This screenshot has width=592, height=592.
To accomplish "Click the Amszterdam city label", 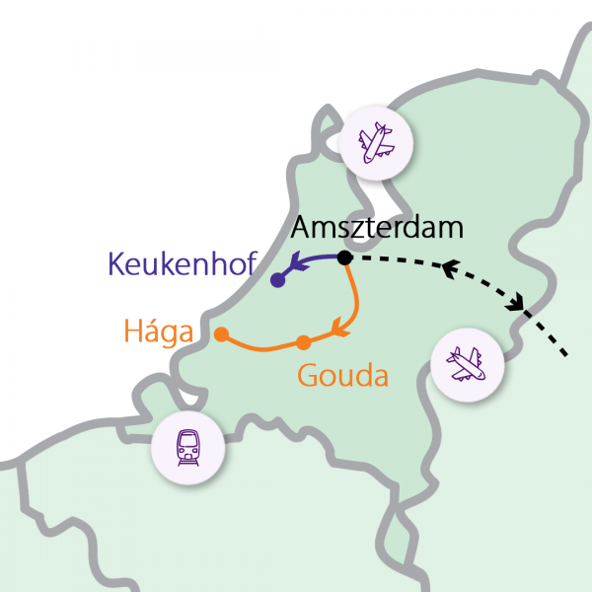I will (378, 229).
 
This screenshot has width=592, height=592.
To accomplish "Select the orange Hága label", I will (158, 332).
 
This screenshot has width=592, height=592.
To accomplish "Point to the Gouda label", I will (342, 375).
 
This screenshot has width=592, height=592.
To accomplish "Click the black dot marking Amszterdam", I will (344, 259).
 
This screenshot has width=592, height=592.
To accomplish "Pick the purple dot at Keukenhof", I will (277, 281).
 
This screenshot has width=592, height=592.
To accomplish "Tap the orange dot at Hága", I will (221, 333).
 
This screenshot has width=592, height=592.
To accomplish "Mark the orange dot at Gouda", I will (304, 342).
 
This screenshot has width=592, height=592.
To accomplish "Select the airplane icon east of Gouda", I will (468, 365).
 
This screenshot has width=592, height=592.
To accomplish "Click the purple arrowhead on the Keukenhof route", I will (294, 264).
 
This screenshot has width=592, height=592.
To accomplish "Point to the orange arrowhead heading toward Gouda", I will (340, 326).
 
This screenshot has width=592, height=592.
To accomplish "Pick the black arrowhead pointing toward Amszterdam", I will (450, 267).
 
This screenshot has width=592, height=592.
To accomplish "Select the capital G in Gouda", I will (307, 375).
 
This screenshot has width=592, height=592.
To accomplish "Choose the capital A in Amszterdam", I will (302, 229).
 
